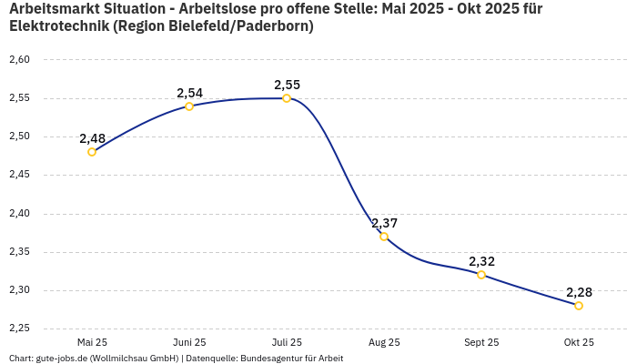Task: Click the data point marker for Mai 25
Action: [92, 152]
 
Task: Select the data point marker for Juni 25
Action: [189, 106]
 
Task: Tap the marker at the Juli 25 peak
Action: [287, 98]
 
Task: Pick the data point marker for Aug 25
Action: [384, 237]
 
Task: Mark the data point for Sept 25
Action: [481, 275]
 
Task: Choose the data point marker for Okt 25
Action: [579, 306]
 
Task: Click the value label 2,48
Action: [92, 138]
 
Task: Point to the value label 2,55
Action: [287, 85]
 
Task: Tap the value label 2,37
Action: [384, 223]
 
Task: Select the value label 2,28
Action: [579, 292]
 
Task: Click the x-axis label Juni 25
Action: [189, 342]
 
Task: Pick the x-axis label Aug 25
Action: [384, 342]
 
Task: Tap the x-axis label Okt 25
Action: [579, 342]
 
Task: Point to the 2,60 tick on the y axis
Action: [19, 60]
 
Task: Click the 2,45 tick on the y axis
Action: [19, 175]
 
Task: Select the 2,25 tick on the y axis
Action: [19, 329]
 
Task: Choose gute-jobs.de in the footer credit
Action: [63, 359]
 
